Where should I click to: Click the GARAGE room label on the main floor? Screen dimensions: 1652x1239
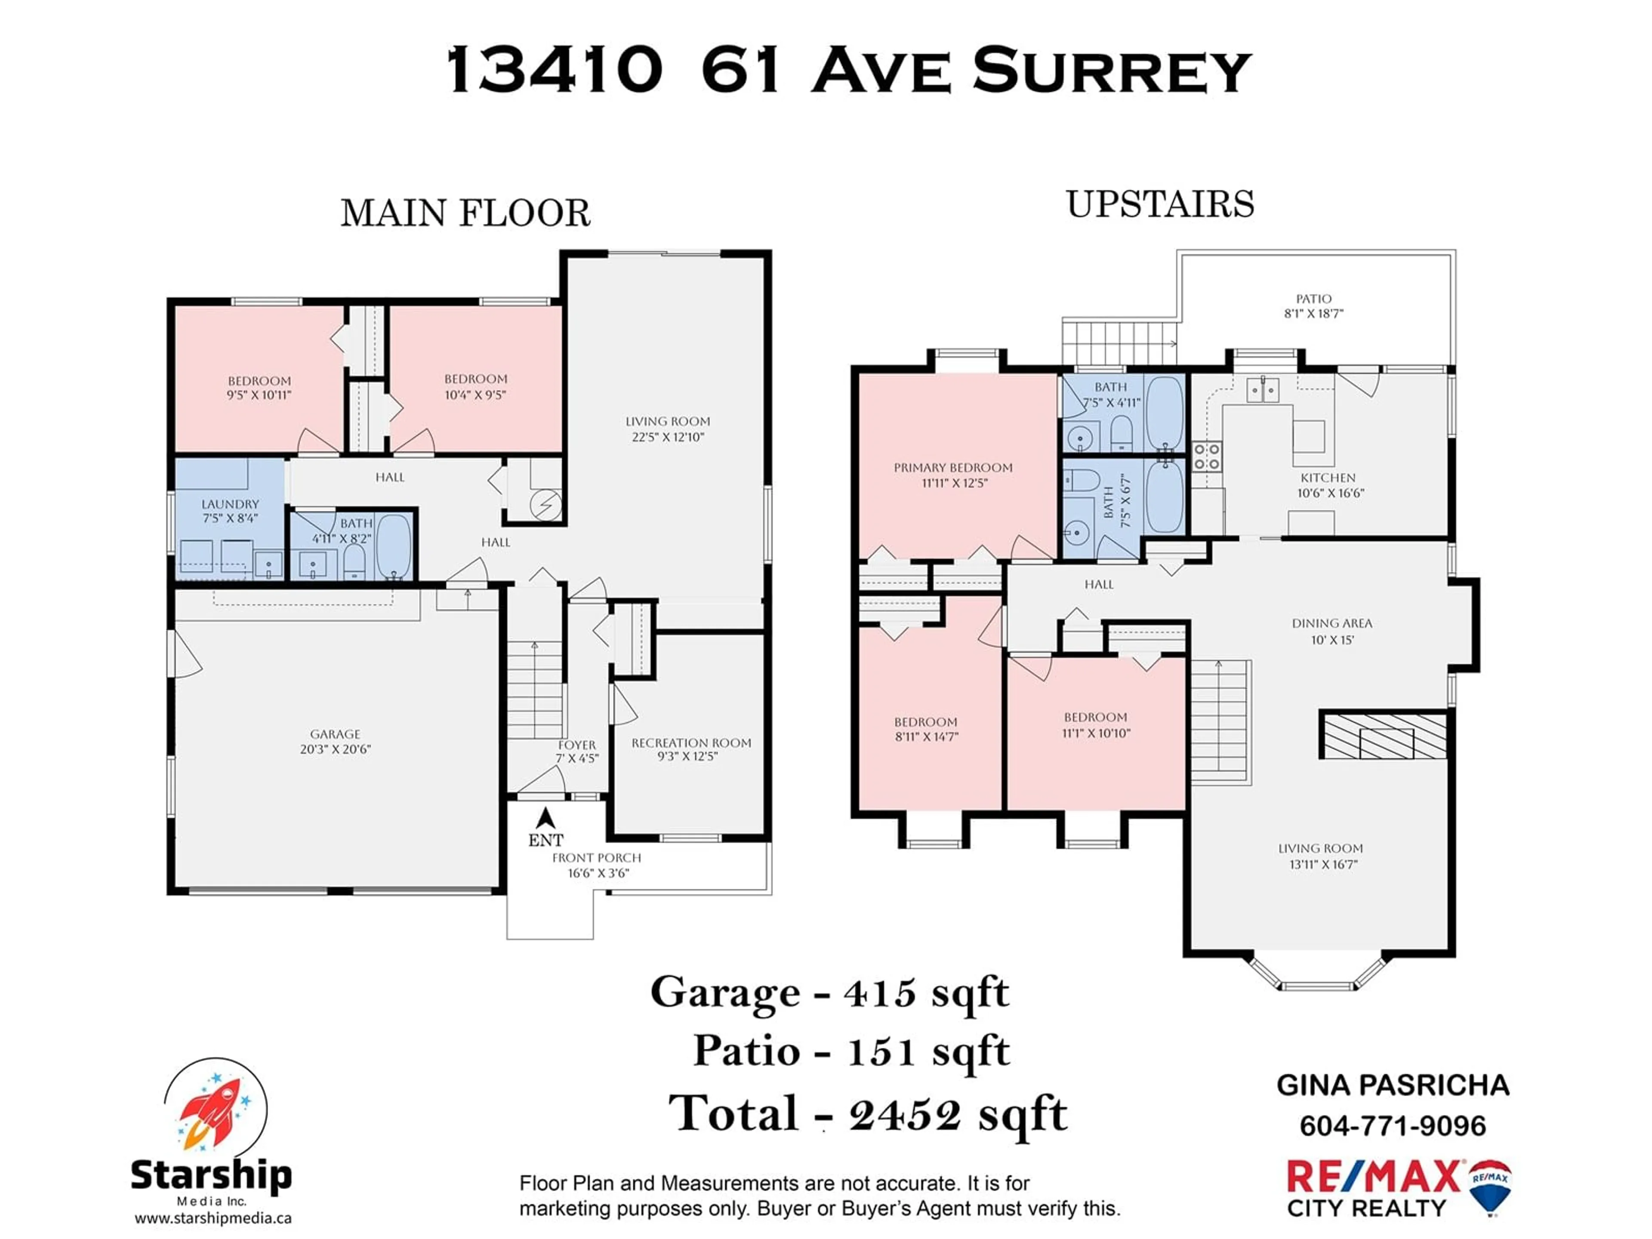tap(335, 734)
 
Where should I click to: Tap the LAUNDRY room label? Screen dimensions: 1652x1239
tap(230, 504)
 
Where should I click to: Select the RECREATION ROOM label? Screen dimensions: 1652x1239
tap(691, 743)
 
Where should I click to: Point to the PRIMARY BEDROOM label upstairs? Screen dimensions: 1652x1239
tap(953, 468)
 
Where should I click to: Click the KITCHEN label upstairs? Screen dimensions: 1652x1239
tap(1328, 477)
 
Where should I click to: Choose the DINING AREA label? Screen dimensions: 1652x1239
tap(1331, 623)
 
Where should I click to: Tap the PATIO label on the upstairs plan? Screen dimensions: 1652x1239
tap(1314, 299)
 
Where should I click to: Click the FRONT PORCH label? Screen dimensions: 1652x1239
tap(597, 857)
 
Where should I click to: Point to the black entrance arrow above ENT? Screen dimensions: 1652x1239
tap(546, 818)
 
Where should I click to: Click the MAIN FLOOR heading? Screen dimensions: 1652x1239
tap(465, 213)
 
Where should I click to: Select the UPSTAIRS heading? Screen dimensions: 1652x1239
tap(1160, 204)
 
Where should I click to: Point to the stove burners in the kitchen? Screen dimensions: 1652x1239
tap(1206, 456)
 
